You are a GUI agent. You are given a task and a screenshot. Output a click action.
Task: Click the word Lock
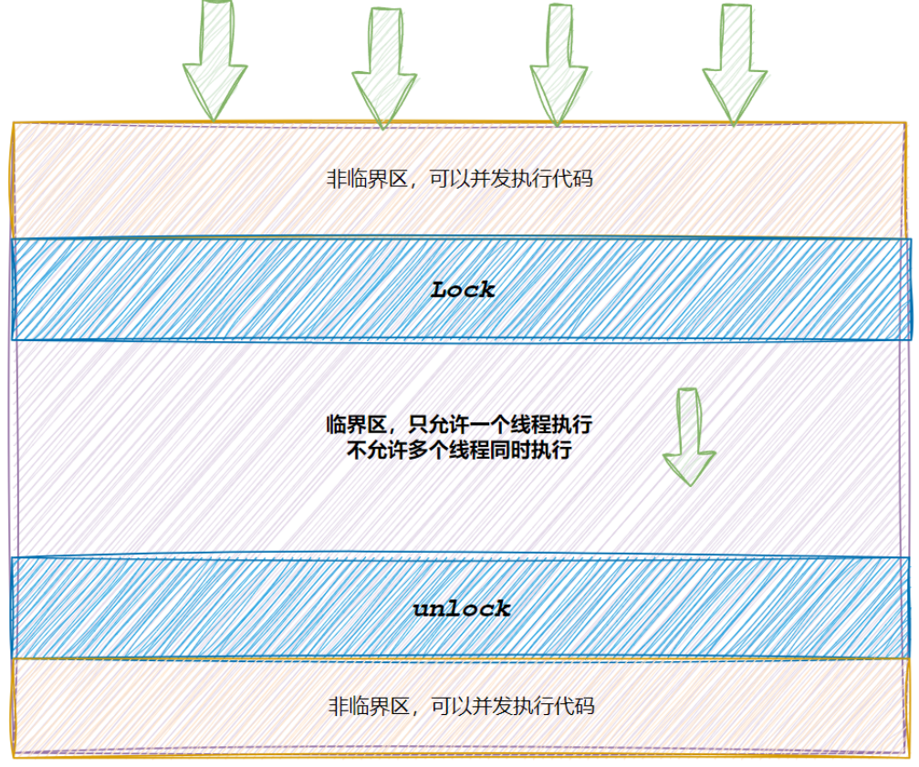click(463, 290)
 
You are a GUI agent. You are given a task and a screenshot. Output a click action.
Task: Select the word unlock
click(462, 609)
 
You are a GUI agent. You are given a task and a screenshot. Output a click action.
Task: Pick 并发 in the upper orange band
click(491, 179)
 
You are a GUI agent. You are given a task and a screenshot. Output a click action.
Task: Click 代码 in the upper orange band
click(573, 179)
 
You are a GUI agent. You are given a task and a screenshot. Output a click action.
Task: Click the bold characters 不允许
click(379, 450)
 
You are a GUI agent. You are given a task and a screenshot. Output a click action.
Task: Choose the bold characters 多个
click(429, 450)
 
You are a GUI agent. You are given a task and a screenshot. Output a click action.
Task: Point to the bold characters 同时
click(510, 450)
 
